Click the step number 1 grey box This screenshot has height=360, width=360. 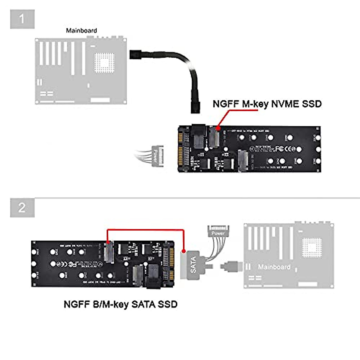pyautogui.click(x=22, y=19)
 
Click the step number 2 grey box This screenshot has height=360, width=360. pyautogui.click(x=22, y=208)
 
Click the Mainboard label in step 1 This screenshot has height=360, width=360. pyautogui.click(x=81, y=31)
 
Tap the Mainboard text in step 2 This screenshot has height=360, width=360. pyautogui.click(x=274, y=267)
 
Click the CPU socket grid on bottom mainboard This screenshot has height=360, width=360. pyautogui.click(x=312, y=247)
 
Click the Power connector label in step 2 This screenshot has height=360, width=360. pyautogui.click(x=218, y=233)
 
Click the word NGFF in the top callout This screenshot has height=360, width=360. pyautogui.click(x=226, y=104)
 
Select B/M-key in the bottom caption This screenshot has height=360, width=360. pyautogui.click(x=111, y=304)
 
